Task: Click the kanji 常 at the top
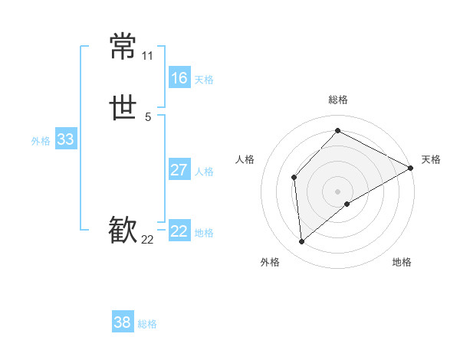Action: [123, 46]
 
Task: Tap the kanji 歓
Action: [123, 230]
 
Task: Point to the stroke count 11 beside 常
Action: [147, 56]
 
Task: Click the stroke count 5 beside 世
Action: [148, 117]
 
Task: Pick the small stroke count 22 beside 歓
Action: [148, 240]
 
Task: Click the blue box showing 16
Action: [179, 78]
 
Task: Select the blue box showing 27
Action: [179, 170]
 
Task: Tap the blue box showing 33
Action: [65, 139]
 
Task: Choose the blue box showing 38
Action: [122, 322]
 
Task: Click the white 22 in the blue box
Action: [179, 231]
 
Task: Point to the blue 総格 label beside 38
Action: [147, 324]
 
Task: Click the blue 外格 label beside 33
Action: [41, 141]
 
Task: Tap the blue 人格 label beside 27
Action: [205, 172]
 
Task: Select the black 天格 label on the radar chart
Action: [431, 159]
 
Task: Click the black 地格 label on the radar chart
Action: [402, 262]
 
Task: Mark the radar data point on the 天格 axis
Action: [411, 168]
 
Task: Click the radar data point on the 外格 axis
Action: [301, 242]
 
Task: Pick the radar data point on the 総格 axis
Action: [338, 130]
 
